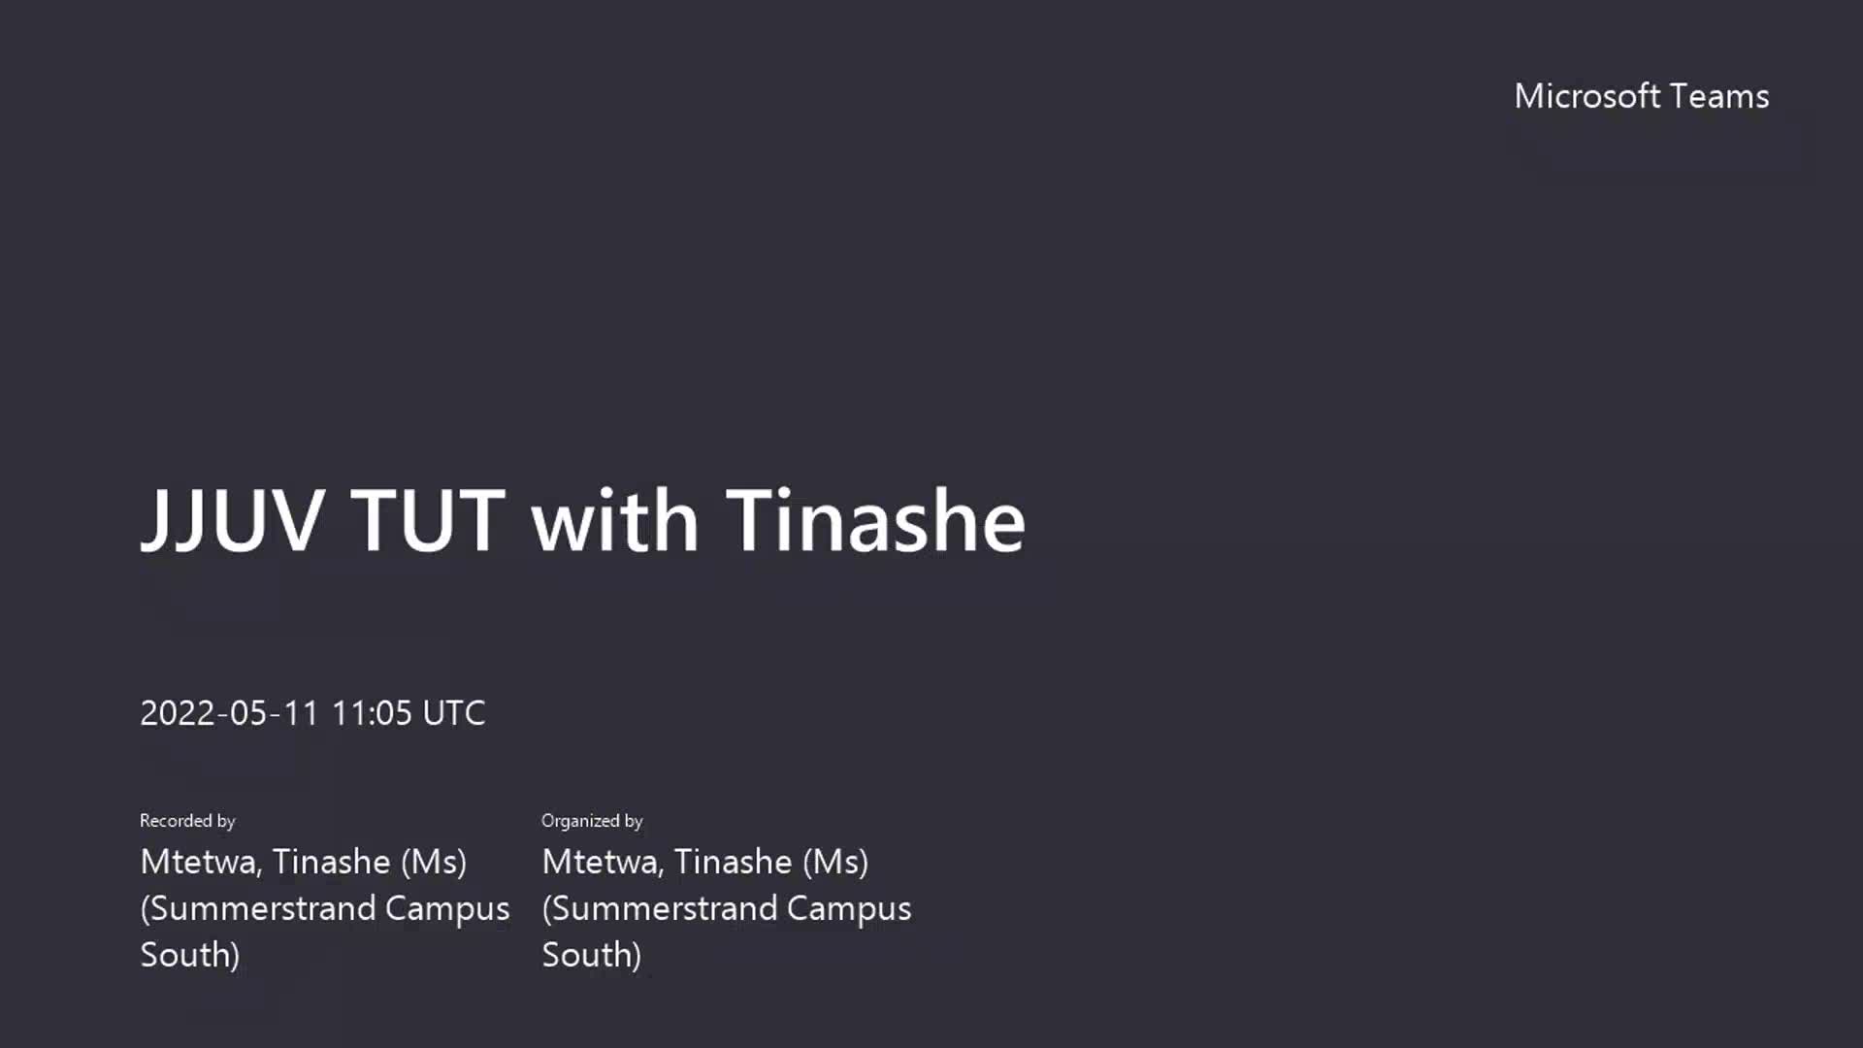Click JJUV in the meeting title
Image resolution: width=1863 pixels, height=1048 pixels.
[x=232, y=521]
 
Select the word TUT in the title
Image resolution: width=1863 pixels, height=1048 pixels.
[x=428, y=520]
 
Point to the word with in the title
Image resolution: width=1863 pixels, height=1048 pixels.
[x=614, y=520]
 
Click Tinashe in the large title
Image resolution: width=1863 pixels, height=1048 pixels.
[x=875, y=520]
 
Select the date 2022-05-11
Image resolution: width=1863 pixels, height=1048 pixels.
[x=230, y=713]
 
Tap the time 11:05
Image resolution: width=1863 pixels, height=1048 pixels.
[x=372, y=713]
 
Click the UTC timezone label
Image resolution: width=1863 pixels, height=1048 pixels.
[x=454, y=713]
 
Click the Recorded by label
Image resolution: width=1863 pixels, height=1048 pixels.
[x=187, y=821]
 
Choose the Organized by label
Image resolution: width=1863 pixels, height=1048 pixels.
[x=592, y=821]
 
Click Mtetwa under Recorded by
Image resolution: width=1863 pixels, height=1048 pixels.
[x=200, y=862]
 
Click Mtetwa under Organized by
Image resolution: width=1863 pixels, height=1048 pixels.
[x=602, y=862]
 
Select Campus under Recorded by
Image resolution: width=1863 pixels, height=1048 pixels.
[x=447, y=909]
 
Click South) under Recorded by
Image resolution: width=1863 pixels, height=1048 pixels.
[x=190, y=955]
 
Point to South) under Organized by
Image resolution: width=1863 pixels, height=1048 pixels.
[x=592, y=955]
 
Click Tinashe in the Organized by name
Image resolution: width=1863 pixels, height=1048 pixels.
[x=733, y=862]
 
